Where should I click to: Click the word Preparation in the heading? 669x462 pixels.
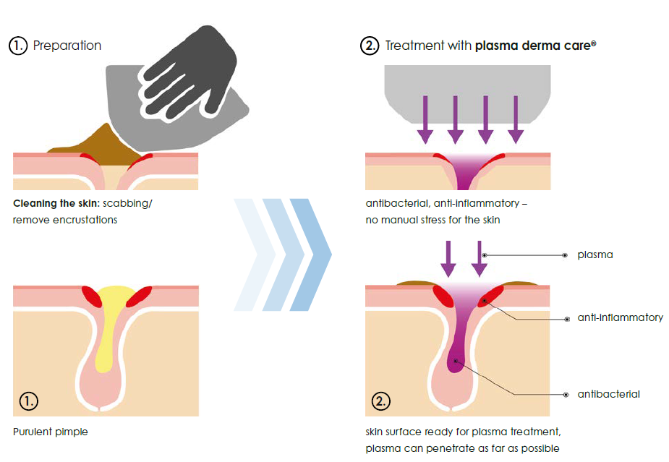coord(67,45)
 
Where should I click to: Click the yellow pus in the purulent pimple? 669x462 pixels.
coord(111,318)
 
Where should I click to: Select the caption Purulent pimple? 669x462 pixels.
coord(51,432)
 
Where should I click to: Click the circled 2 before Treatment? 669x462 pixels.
coord(370,45)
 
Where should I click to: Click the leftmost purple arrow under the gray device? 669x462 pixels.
coord(425,119)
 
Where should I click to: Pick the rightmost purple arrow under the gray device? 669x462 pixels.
coord(516,119)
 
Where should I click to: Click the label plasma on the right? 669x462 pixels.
coord(595,255)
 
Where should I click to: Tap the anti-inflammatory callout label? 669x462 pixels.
coord(620,317)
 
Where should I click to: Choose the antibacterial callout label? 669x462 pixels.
coord(608,394)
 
